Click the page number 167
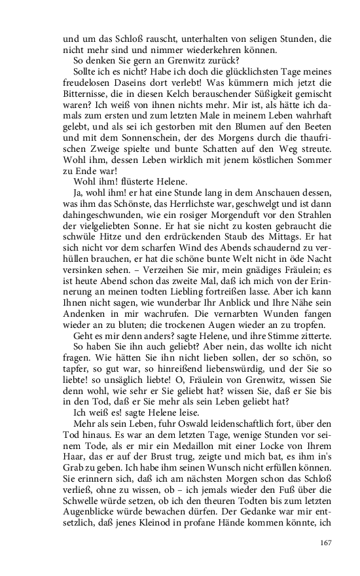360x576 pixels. [327, 542]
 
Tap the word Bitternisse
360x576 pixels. [88, 110]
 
